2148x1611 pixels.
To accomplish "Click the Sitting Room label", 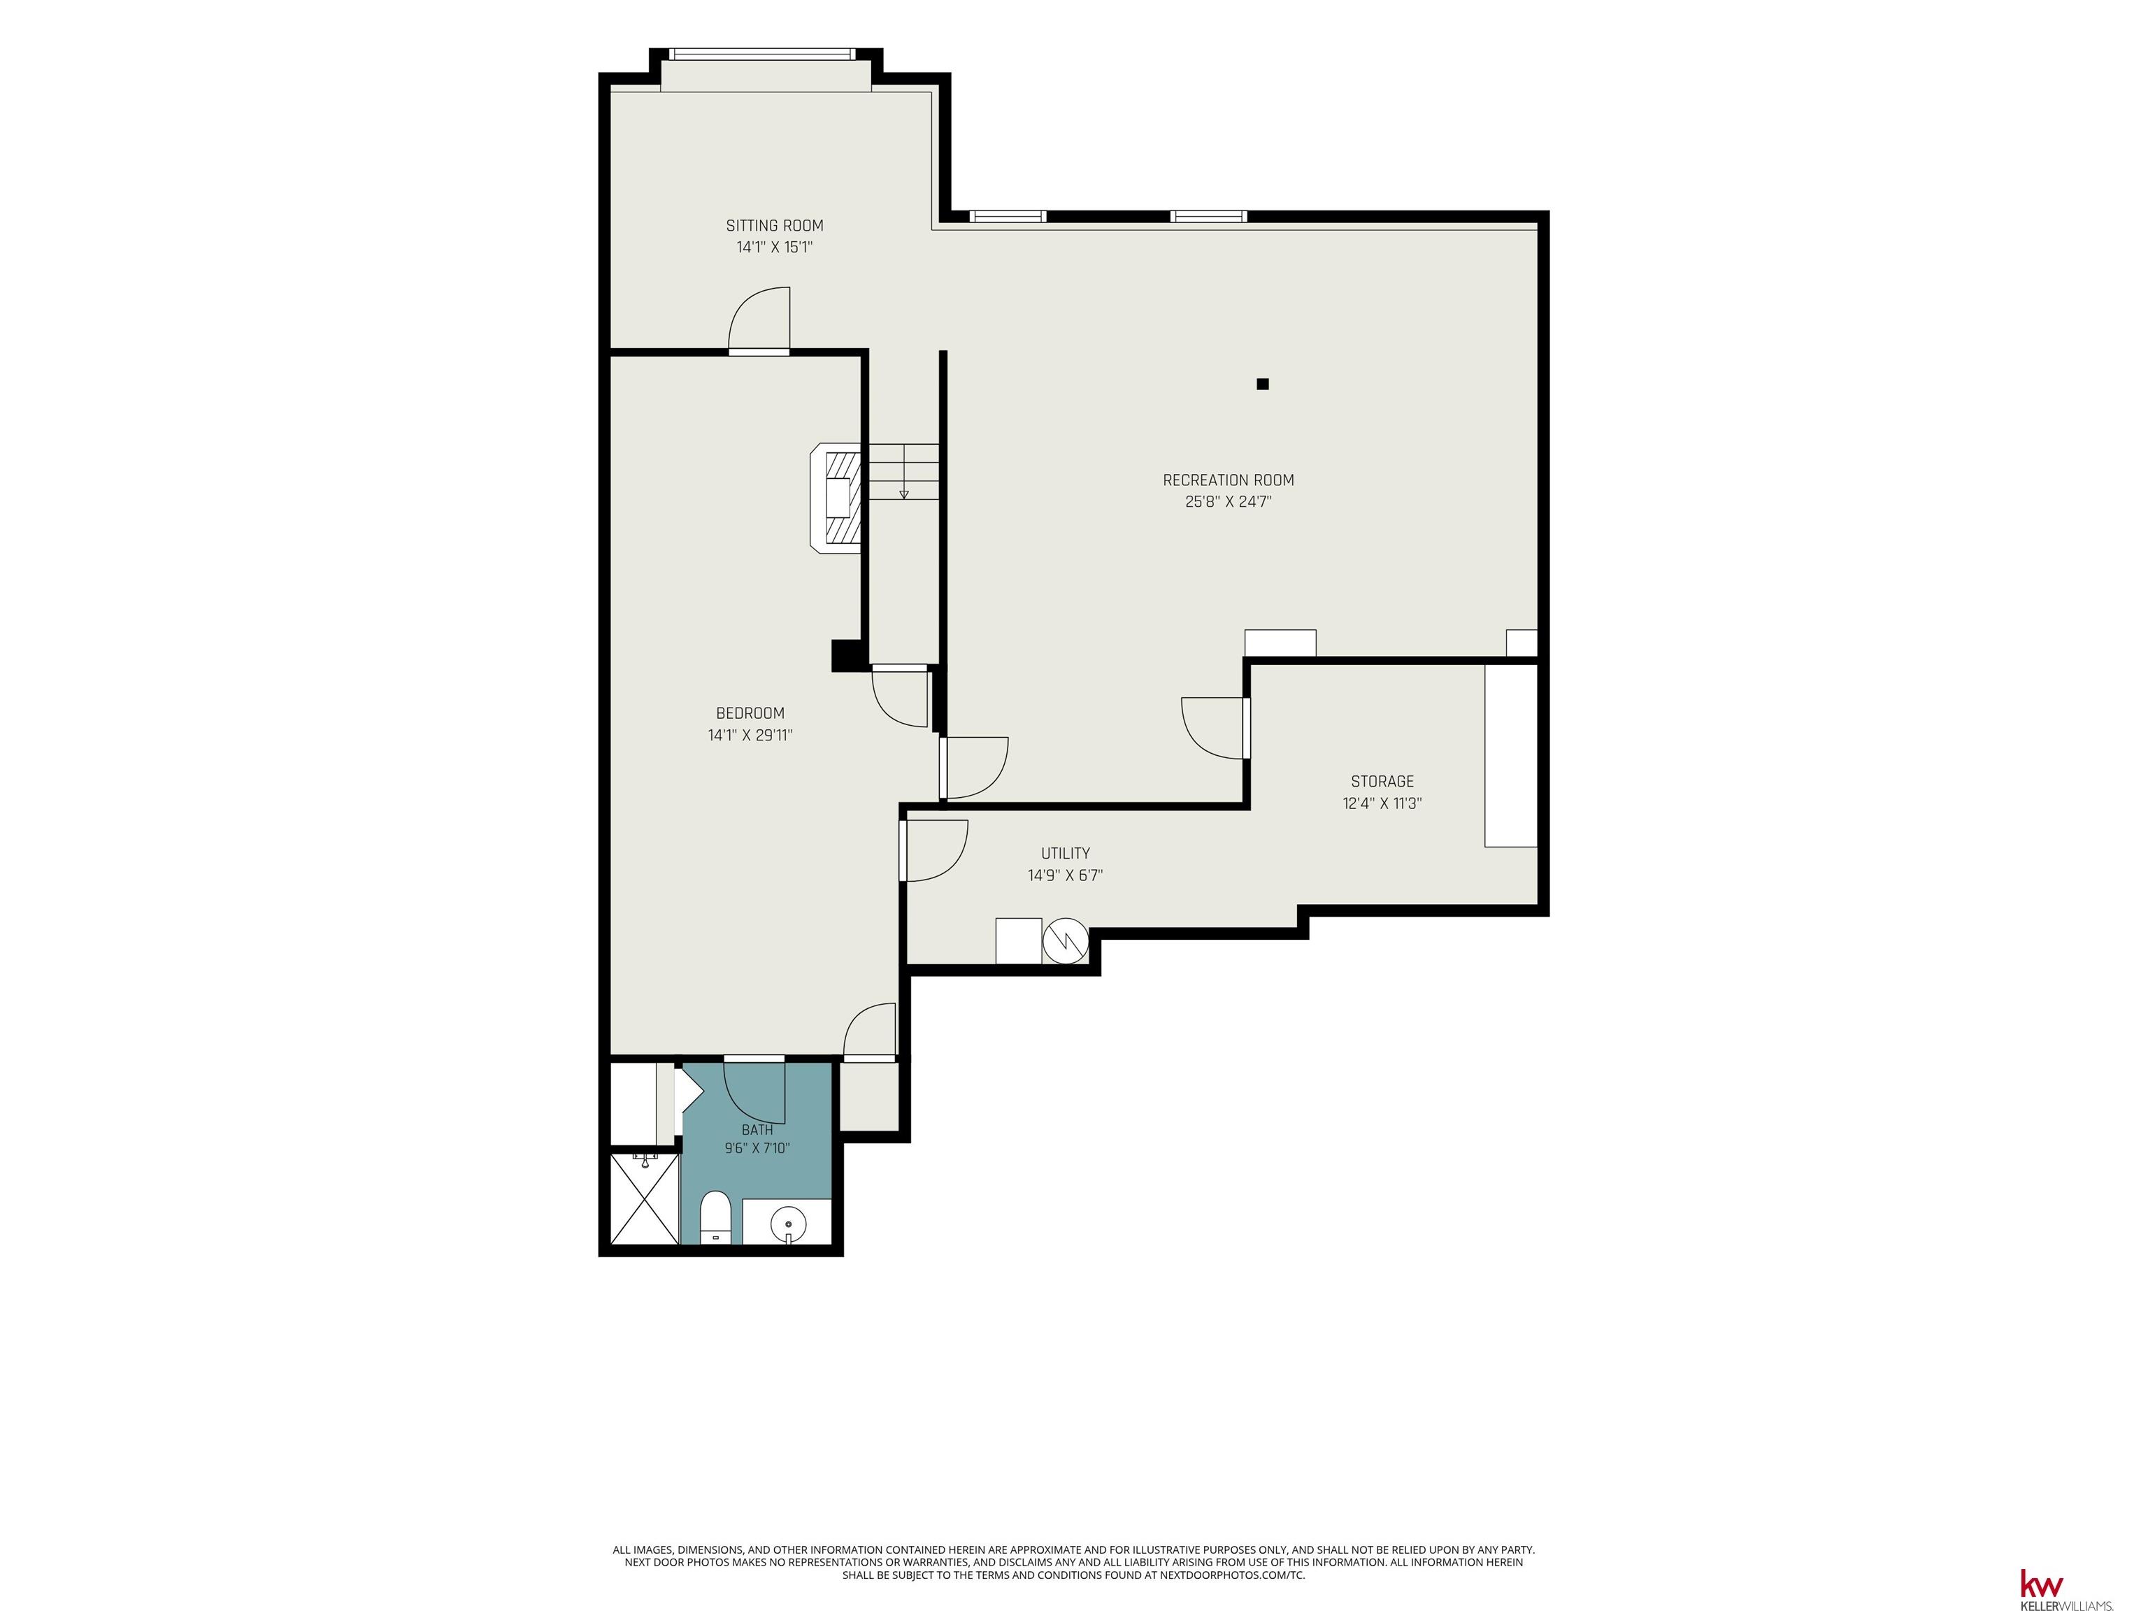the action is tap(774, 225).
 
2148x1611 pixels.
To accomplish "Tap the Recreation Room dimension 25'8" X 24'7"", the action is tap(1229, 502).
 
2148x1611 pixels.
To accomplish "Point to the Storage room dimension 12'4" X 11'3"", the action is tap(1382, 803).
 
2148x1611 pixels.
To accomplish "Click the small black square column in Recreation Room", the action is tap(1262, 384).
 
